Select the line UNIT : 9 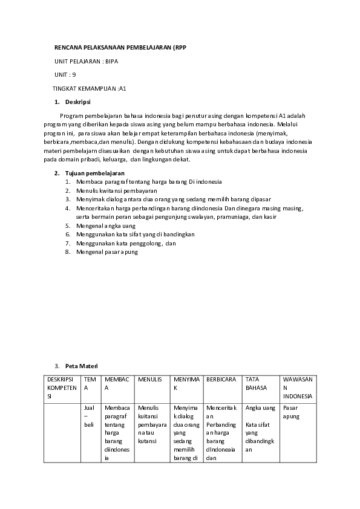(65, 74)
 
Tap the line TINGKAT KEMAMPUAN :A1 (89, 88)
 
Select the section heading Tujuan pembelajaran (90, 173)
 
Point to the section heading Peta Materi (81, 366)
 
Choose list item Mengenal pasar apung (107, 251)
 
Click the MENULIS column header (150, 380)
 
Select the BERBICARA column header (221, 380)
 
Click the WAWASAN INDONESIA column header (298, 387)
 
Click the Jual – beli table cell (89, 417)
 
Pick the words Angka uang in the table (260, 408)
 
